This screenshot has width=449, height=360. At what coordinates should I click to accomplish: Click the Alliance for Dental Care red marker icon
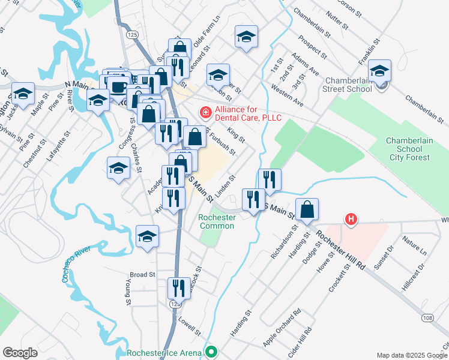205,112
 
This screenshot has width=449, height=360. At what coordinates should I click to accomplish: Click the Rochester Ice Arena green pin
211,352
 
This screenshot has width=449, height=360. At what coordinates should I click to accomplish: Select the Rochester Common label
217,221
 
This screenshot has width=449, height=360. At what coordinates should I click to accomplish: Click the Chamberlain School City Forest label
408,149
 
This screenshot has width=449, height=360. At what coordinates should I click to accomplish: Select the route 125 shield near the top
133,35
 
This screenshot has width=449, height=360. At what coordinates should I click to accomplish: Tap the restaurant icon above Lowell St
179,287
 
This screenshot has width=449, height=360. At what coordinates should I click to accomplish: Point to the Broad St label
142,274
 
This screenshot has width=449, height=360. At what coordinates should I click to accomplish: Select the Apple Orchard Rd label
282,328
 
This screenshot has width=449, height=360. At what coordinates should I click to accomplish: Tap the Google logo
20,352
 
